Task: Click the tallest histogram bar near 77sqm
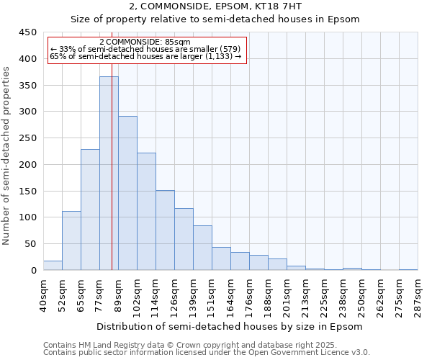[109, 173]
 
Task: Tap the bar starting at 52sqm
[71, 240]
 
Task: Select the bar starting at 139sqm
[202, 248]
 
